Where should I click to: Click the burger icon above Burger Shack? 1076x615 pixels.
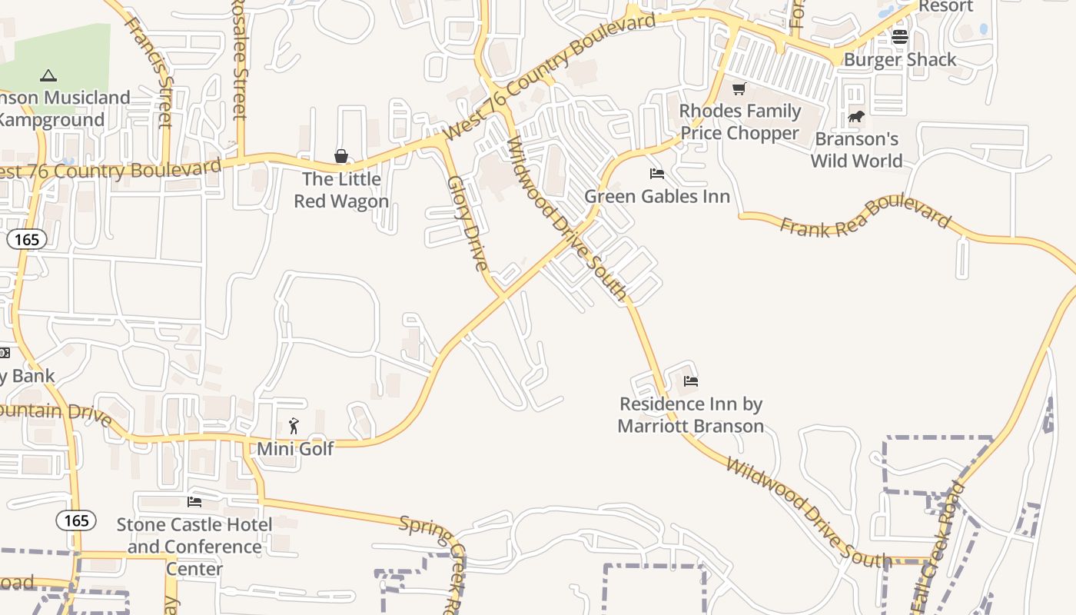pos(900,36)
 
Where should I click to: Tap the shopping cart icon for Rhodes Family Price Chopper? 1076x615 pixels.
pos(739,88)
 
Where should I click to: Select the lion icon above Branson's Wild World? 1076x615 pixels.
pos(856,117)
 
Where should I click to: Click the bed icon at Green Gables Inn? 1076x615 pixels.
pos(657,174)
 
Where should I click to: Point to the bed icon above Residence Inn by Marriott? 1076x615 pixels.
pos(691,381)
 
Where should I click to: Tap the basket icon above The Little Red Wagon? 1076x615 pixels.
pos(341,157)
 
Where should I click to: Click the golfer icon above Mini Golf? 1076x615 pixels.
pos(294,426)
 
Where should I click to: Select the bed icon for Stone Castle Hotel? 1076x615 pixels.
pos(194,502)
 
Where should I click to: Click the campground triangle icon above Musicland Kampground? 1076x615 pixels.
pos(48,75)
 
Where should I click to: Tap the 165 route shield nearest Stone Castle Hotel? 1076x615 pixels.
pos(76,520)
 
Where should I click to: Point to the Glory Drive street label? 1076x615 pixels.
pos(468,223)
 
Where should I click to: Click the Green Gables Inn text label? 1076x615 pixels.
pos(657,196)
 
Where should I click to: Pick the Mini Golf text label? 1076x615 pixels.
pos(295,448)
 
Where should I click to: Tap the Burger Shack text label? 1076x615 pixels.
pos(900,59)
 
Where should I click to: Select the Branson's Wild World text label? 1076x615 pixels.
pos(857,150)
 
